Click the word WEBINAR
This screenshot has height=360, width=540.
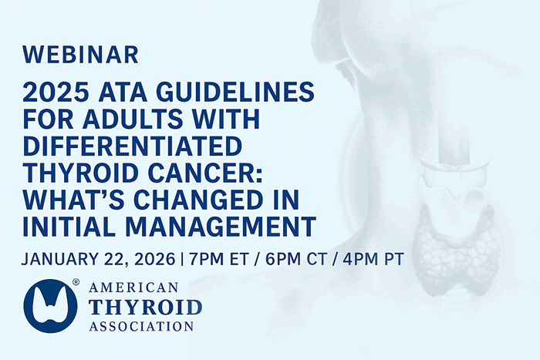click(81, 55)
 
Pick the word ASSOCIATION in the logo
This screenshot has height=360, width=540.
click(140, 325)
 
